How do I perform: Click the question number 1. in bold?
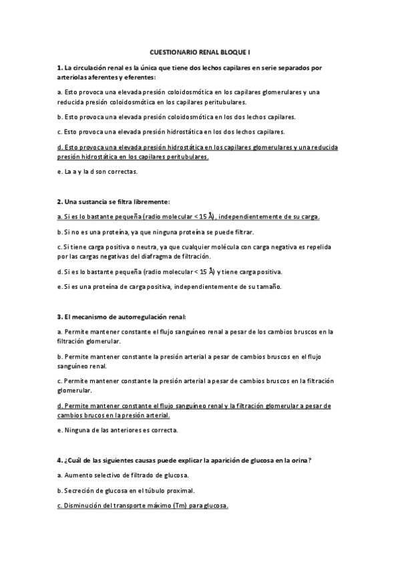pos(60,68)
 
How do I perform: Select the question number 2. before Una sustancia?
pos(60,201)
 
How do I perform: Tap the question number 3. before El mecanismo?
pos(60,316)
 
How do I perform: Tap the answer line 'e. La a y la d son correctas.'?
pos(97,172)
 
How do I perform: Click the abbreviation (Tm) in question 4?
pos(179,506)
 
